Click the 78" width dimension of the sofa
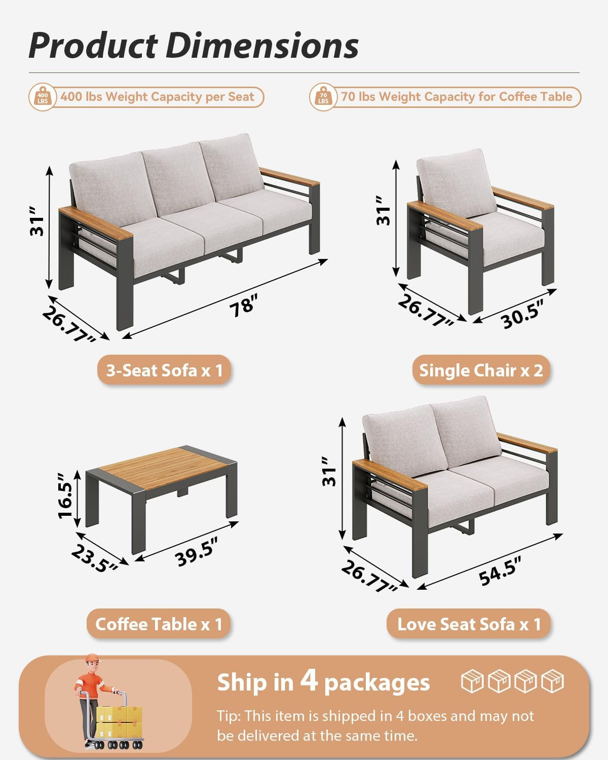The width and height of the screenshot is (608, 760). (243, 306)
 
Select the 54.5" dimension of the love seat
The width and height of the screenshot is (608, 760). (500, 571)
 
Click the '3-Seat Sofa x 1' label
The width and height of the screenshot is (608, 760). (164, 370)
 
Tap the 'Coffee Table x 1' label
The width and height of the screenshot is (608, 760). (159, 624)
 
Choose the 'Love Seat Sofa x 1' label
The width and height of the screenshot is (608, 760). (469, 624)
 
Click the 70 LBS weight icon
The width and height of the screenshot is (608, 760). (323, 96)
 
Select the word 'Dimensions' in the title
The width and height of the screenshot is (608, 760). (262, 46)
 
